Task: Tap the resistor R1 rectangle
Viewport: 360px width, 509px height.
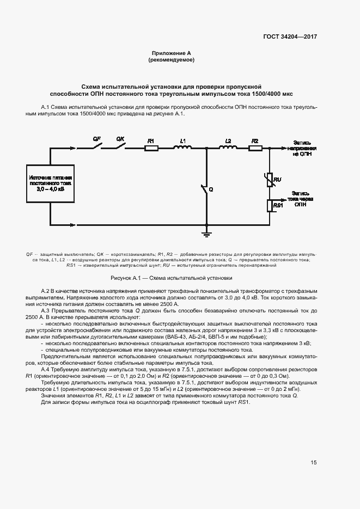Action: click(x=151, y=148)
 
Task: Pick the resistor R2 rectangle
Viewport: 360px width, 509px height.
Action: click(x=254, y=148)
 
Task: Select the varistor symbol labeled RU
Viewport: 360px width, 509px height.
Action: click(x=270, y=179)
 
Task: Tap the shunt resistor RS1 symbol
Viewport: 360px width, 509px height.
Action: click(x=270, y=205)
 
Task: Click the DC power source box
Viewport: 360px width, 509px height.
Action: click(x=51, y=184)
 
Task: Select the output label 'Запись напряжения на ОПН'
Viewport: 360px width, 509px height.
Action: click(x=302, y=148)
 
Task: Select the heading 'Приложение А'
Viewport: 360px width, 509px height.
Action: click(x=172, y=53)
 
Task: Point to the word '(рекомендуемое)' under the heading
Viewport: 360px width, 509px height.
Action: click(x=172, y=60)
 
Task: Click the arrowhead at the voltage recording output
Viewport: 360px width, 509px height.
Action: click(x=283, y=148)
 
